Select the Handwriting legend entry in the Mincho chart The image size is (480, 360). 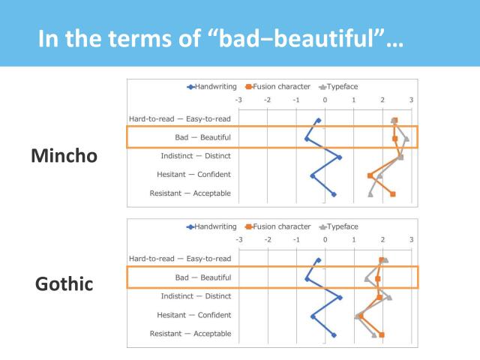point(211,86)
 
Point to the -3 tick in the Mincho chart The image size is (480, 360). point(238,100)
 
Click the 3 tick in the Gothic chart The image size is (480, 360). point(411,240)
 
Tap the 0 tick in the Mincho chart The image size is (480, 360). point(325,100)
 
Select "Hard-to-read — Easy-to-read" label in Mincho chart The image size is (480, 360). point(180,118)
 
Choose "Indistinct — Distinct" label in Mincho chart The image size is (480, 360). point(196,156)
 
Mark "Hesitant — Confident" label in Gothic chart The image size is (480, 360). point(193,315)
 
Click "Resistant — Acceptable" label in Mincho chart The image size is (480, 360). point(190,193)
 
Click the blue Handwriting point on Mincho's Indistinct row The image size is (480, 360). point(339,157)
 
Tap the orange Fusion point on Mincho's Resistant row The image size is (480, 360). point(392,194)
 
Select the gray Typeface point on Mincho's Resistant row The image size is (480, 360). point(370,194)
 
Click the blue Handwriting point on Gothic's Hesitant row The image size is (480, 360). point(313,316)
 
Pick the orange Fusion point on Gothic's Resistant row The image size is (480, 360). point(382,334)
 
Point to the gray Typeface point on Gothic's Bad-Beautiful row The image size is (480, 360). point(367,278)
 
